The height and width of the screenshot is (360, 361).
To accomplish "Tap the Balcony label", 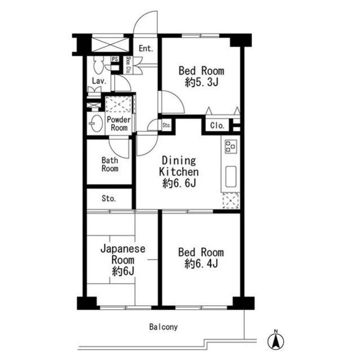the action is pos(164,327).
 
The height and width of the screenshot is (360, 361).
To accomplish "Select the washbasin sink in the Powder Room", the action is pos(96,123).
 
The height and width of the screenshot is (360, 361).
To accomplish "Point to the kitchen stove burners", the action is pos(231,146).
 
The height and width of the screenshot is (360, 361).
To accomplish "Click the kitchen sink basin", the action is pos(231,176).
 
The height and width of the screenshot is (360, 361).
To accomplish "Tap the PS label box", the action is pos(115,59).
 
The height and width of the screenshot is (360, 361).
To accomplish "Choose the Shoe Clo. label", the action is pos(129,65).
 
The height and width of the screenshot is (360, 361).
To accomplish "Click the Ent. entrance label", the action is pos(146,48).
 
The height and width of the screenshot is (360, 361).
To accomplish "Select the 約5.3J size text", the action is pos(201,82).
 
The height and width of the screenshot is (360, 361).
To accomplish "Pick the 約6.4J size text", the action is pos(201,264).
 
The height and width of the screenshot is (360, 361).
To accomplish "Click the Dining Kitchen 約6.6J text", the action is pos(179,172).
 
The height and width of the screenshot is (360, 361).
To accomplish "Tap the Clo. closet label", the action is pos(217,126).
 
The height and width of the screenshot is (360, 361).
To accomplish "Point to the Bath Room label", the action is pos(110,164).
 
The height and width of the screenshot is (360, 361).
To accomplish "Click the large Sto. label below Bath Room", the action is pos(109,198).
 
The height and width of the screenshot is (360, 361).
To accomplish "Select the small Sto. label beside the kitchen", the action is pos(166,125).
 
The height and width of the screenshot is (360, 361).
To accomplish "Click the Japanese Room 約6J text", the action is pos(123,260).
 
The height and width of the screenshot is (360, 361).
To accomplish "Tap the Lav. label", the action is pos(99,81).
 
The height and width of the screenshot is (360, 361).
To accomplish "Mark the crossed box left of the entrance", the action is pos(110,45).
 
